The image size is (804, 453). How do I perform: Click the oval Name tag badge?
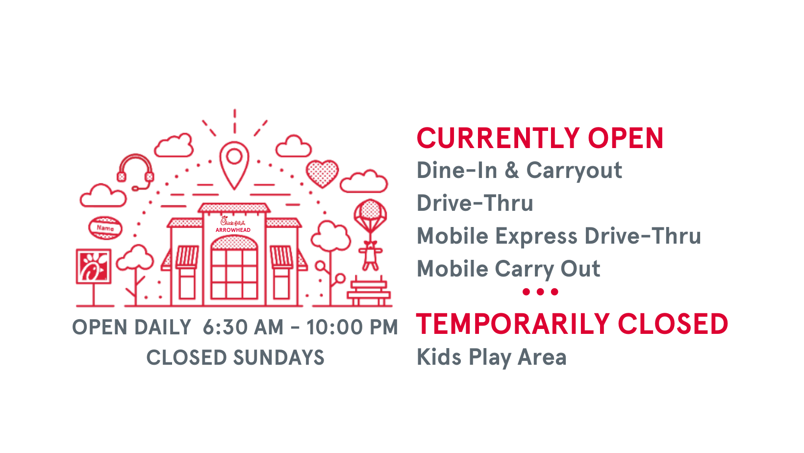coord(105,228)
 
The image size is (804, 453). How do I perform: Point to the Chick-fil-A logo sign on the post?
coord(94,266)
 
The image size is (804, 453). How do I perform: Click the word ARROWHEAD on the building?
coord(233,230)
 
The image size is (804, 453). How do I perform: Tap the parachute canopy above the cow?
coord(370,212)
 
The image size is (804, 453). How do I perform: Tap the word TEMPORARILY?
coord(513,324)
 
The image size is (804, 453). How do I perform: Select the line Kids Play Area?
coord(491,357)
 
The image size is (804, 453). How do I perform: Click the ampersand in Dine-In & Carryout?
coord(511,170)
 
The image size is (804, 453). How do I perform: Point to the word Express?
coord(536,237)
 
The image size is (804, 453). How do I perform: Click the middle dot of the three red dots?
coord(540,292)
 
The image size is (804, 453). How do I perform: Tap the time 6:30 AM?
coord(243,327)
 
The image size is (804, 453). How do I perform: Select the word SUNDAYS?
coord(278,357)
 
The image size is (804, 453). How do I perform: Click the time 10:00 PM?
coord(352,327)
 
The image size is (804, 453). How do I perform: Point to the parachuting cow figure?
coord(370,255)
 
